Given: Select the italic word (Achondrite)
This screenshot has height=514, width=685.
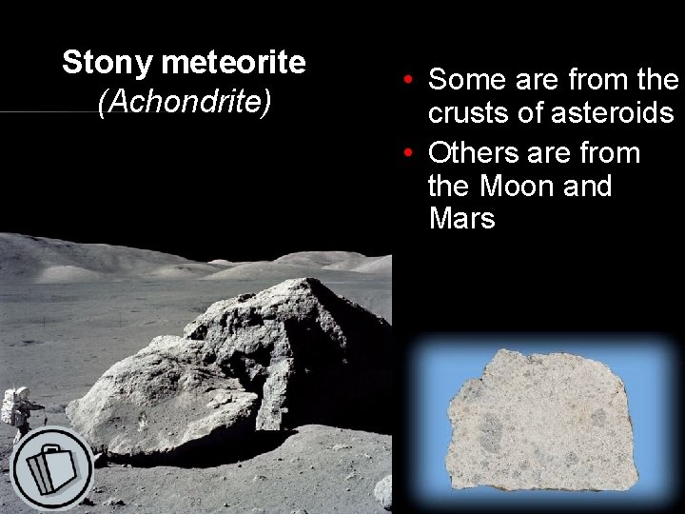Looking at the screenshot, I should (185, 102).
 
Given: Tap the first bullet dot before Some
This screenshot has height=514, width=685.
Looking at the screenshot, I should (406, 79).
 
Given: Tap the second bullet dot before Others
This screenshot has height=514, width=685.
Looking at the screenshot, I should (406, 153).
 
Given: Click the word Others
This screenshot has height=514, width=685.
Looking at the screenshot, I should (475, 153).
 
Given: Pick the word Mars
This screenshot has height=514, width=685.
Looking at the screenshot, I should (462, 219).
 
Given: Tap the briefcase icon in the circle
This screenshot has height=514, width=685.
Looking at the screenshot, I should (51, 468).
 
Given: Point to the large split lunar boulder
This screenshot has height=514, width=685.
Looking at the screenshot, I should (238, 371).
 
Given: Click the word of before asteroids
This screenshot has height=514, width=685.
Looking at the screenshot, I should (534, 114).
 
